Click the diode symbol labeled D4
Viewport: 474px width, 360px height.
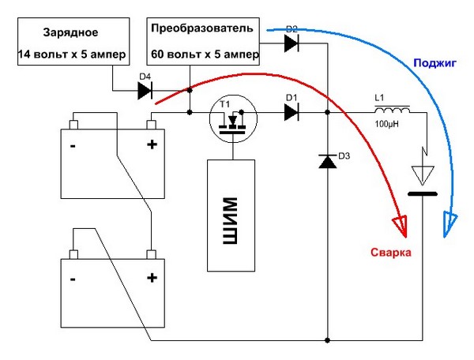tap(145, 90)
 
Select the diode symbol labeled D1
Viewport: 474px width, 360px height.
tap(292, 112)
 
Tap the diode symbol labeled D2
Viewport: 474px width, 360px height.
tap(292, 43)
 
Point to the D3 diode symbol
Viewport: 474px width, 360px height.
tap(328, 162)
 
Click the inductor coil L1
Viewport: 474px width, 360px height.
tap(393, 110)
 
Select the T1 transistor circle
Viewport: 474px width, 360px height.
tap(233, 118)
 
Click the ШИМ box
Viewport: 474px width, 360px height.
tap(231, 216)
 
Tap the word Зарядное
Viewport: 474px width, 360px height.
tap(71, 32)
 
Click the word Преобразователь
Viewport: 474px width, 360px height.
tap(202, 28)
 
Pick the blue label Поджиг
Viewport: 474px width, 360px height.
tap(434, 63)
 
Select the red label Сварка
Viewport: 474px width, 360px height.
tap(391, 253)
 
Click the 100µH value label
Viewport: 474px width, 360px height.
tap(386, 124)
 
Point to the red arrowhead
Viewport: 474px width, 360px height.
tap(401, 226)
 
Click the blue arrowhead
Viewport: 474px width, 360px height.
tap(450, 223)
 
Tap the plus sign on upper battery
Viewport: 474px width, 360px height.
tap(152, 144)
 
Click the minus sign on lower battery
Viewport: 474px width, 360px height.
tap(73, 279)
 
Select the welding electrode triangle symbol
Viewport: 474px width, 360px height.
tap(423, 175)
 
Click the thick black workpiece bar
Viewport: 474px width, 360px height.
tap(423, 194)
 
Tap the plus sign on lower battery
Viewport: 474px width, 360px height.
tap(152, 278)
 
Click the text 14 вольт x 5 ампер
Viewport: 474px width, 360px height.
tap(71, 54)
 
